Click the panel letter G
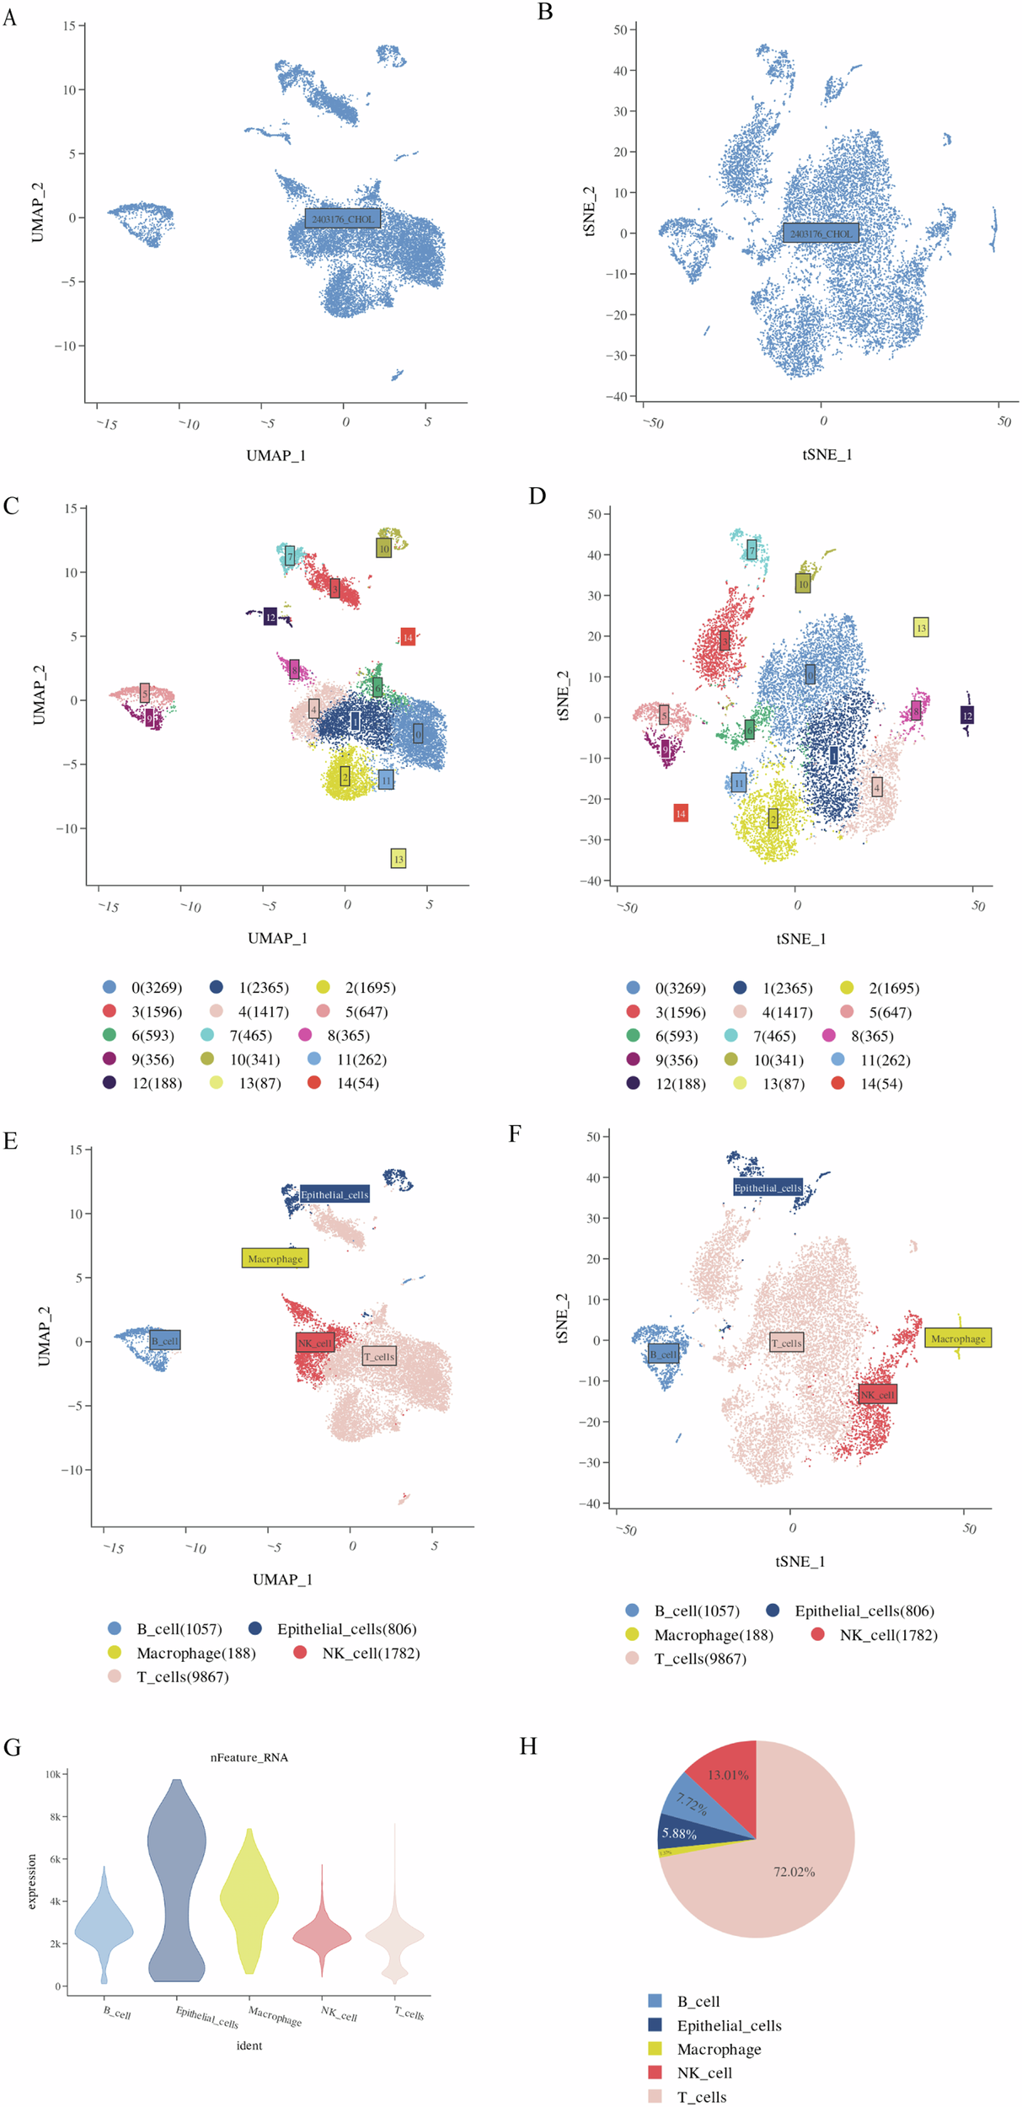point(12,1747)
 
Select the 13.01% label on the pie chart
point(728,1775)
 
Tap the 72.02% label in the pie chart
point(794,1872)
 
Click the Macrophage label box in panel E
point(275,1258)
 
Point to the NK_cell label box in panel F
point(877,1395)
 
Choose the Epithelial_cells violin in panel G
point(176,1879)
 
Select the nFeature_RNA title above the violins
point(249,1757)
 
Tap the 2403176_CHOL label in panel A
point(342,219)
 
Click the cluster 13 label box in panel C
point(399,859)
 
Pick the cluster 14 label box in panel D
point(681,813)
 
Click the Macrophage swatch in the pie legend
point(655,2049)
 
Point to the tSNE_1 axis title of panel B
point(827,455)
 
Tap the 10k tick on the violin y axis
point(52,1774)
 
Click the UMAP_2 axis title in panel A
point(37,212)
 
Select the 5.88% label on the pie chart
point(679,1834)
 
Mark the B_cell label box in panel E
point(165,1341)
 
